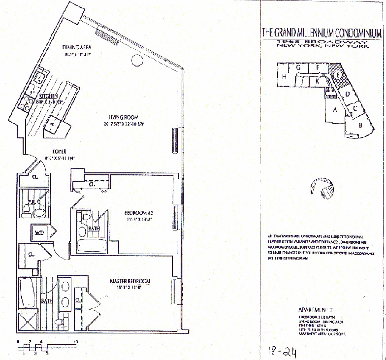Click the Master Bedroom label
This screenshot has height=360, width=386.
[x=129, y=282]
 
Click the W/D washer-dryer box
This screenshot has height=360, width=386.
[x=39, y=232]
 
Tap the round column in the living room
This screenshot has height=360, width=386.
[x=136, y=60]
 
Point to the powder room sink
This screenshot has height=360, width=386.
[x=38, y=212]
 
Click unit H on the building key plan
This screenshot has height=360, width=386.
[x=284, y=76]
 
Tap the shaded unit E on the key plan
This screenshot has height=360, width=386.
[x=339, y=75]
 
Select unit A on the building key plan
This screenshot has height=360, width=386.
[x=335, y=110]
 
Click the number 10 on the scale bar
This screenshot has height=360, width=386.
[x=75, y=341]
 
